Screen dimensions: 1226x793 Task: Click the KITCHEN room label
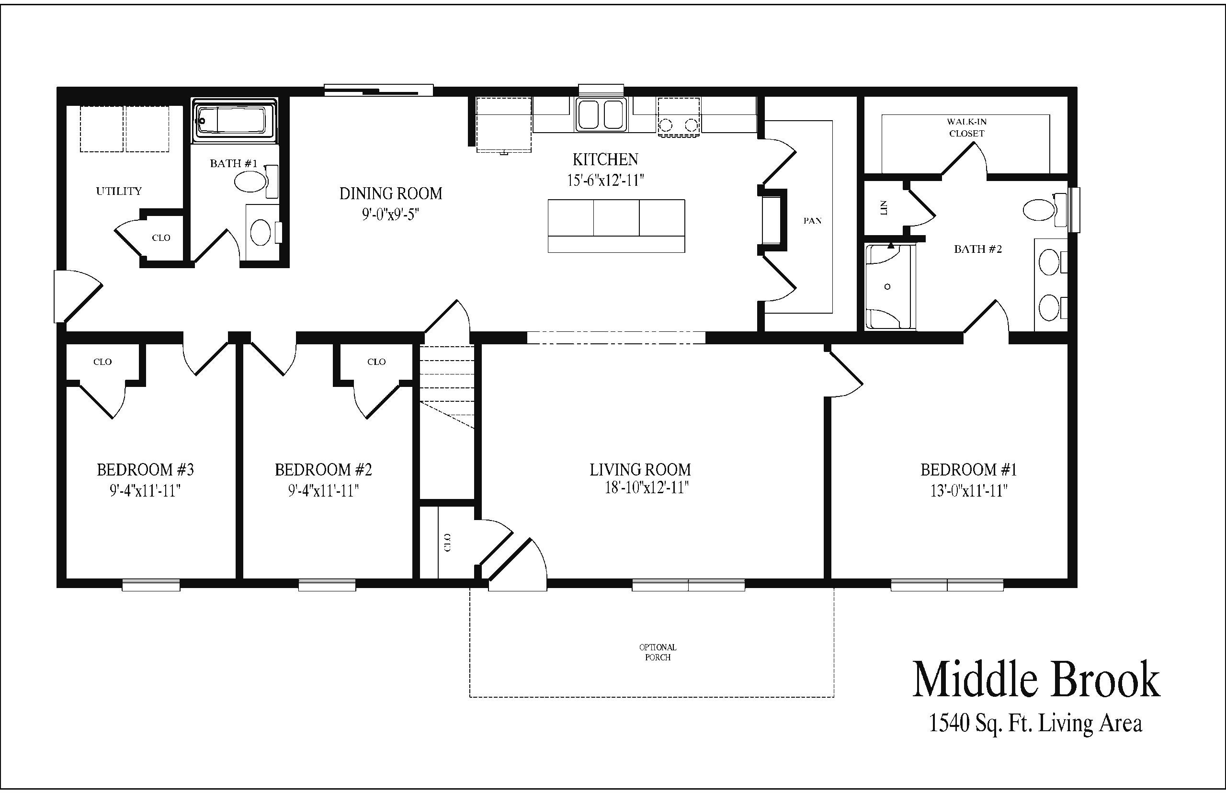click(x=605, y=159)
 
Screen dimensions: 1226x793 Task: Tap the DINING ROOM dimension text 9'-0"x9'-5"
click(x=390, y=214)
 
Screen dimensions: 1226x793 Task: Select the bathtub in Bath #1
click(x=234, y=122)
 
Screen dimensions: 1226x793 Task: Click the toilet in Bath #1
click(x=256, y=181)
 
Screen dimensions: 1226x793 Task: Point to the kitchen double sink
click(x=601, y=114)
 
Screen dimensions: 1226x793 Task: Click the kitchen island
click(x=616, y=226)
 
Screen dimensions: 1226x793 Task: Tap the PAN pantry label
click(x=812, y=221)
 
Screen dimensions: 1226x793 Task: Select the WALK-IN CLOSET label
click(x=966, y=128)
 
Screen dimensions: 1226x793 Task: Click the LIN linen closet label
click(x=884, y=207)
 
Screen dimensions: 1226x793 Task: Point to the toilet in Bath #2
click(x=1045, y=210)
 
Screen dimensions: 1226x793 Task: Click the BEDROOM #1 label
click(x=968, y=470)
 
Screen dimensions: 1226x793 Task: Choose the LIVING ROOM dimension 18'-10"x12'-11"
click(x=646, y=487)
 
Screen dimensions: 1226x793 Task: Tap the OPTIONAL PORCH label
click(x=658, y=652)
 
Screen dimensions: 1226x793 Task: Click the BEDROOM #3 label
click(x=145, y=470)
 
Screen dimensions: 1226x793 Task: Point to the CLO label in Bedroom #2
click(x=376, y=362)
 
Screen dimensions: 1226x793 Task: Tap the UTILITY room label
click(x=119, y=191)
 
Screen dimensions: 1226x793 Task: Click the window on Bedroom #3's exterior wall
click(x=151, y=585)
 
